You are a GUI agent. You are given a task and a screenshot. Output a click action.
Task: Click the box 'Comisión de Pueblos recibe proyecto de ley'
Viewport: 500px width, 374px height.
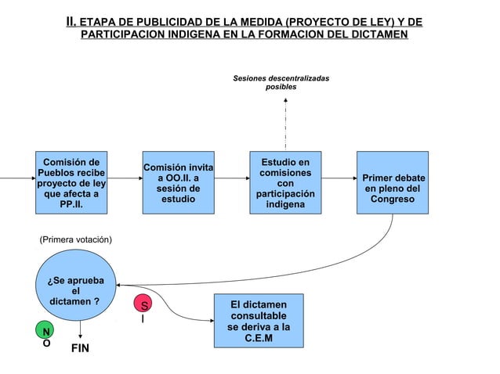point(71,182)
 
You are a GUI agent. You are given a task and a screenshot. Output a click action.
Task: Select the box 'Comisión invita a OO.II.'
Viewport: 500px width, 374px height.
point(178,182)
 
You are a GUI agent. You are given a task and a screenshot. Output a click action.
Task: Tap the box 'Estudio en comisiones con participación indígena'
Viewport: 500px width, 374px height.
point(285,182)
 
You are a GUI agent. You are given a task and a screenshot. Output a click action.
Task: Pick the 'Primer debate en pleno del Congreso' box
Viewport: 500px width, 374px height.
point(392,182)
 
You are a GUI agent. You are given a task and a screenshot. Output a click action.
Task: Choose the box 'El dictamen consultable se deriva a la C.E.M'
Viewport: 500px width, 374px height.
point(259,321)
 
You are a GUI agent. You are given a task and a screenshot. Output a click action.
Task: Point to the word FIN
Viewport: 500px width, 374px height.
point(80,347)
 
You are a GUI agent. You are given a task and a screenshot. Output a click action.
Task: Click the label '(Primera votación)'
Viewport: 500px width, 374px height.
point(75,239)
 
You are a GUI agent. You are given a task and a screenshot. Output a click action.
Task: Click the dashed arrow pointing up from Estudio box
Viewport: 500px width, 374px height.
point(285,121)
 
